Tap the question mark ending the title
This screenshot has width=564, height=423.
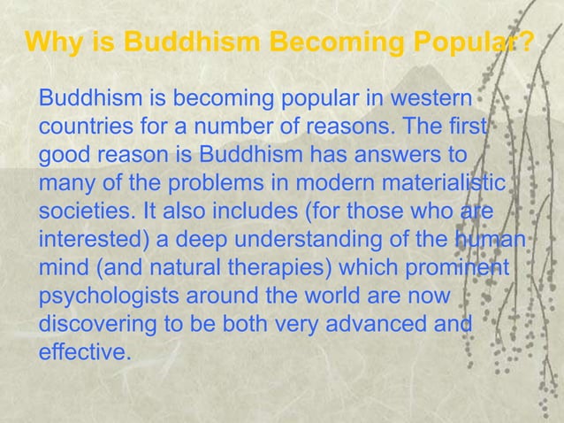pos(523,42)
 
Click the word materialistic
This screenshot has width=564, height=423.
pos(443,183)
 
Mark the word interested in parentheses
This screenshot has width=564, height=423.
pos(86,242)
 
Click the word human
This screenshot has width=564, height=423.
pos(490,242)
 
